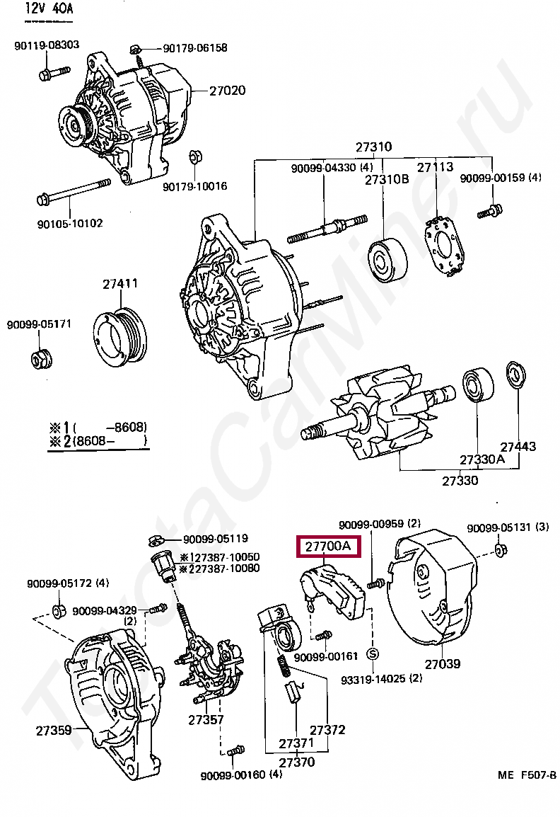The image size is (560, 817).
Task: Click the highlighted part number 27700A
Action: coord(328,547)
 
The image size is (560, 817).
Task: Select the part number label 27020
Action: coord(227,91)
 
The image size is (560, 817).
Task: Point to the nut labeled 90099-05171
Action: coord(41,358)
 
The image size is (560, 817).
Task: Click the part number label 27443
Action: coord(518,447)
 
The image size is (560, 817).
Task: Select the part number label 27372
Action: coord(327,729)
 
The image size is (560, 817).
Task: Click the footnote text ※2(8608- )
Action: coord(98,441)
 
